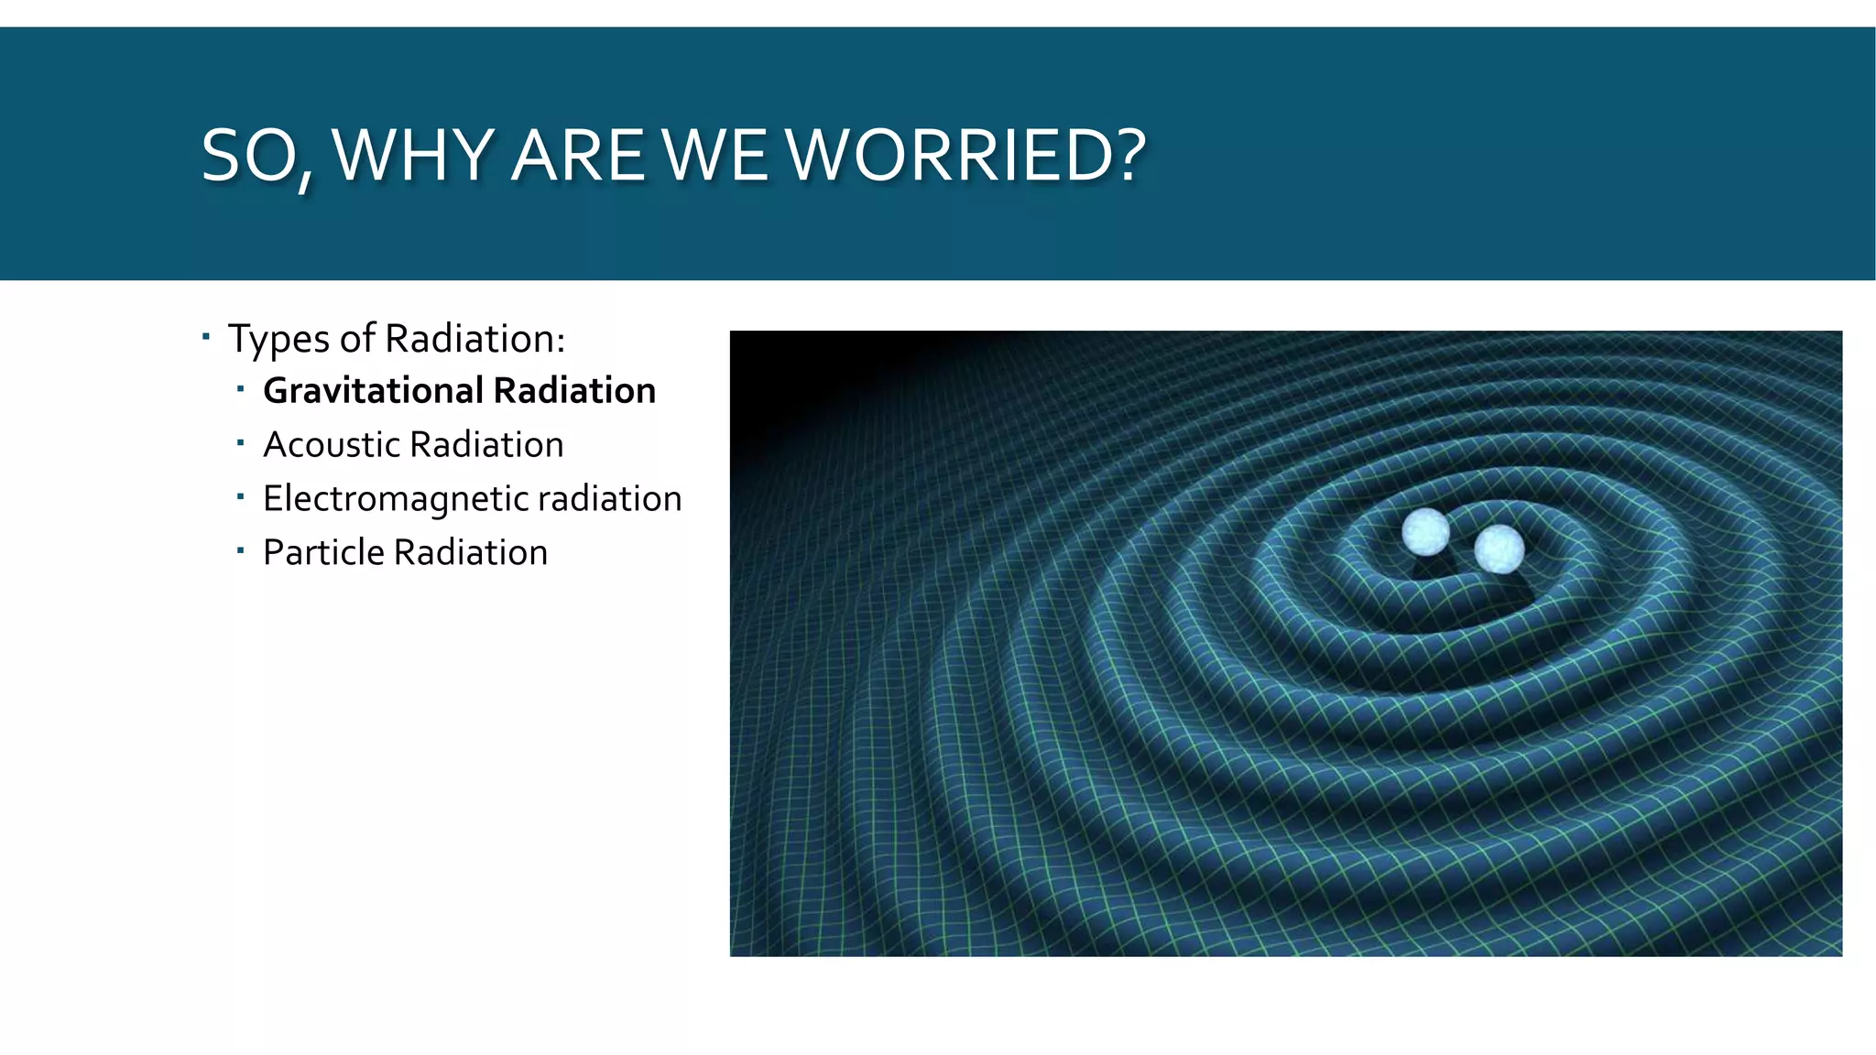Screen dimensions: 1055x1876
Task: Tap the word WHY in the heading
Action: point(414,156)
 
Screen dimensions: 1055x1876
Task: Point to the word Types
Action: point(278,340)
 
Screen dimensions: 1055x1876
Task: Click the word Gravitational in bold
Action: point(372,391)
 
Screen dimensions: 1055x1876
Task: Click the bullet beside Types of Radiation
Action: point(206,337)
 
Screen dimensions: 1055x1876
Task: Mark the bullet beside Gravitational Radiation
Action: point(240,390)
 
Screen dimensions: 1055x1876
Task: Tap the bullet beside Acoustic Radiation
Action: point(240,444)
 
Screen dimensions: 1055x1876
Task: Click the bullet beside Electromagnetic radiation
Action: point(240,498)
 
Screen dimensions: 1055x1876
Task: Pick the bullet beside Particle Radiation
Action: point(240,551)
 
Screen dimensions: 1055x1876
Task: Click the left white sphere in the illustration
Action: point(1425,531)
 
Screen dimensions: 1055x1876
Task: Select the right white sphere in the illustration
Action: point(1500,549)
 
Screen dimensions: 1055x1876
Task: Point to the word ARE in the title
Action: point(577,156)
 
